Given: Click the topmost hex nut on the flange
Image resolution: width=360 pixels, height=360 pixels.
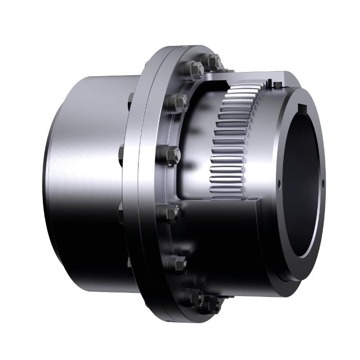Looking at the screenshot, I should [x=213, y=61].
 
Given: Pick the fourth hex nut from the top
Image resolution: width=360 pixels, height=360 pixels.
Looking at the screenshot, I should [x=171, y=154].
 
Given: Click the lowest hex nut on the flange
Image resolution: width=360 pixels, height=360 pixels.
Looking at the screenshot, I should [x=207, y=307].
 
